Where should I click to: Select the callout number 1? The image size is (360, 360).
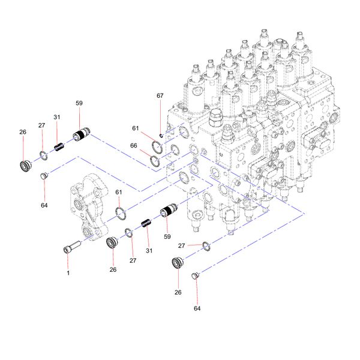click(x=68, y=273)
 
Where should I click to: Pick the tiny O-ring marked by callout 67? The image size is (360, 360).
click(x=161, y=134)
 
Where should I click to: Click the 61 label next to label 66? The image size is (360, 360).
click(x=136, y=128)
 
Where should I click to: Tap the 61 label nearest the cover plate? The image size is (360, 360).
click(x=118, y=192)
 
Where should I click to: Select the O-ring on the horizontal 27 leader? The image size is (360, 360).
click(x=206, y=245)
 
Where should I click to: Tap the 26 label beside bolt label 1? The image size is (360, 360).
click(x=113, y=269)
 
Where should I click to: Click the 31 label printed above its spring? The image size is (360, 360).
click(x=57, y=118)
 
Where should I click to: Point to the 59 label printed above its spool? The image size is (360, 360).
click(x=79, y=103)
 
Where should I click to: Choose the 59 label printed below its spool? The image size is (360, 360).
click(x=168, y=236)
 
